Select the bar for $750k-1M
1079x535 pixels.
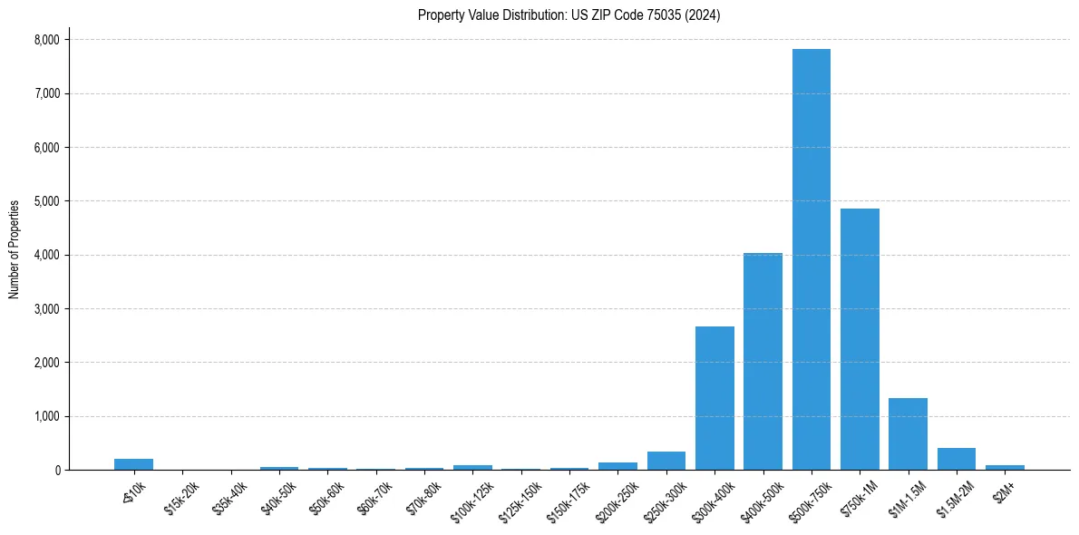(860, 339)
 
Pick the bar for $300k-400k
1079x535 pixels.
(714, 398)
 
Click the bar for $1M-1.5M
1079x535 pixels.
(908, 433)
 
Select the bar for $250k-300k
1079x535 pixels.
(666, 461)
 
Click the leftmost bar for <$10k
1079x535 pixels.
(133, 464)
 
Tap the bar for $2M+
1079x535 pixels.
(1005, 467)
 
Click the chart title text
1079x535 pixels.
(569, 15)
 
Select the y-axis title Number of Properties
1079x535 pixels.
(15, 249)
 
